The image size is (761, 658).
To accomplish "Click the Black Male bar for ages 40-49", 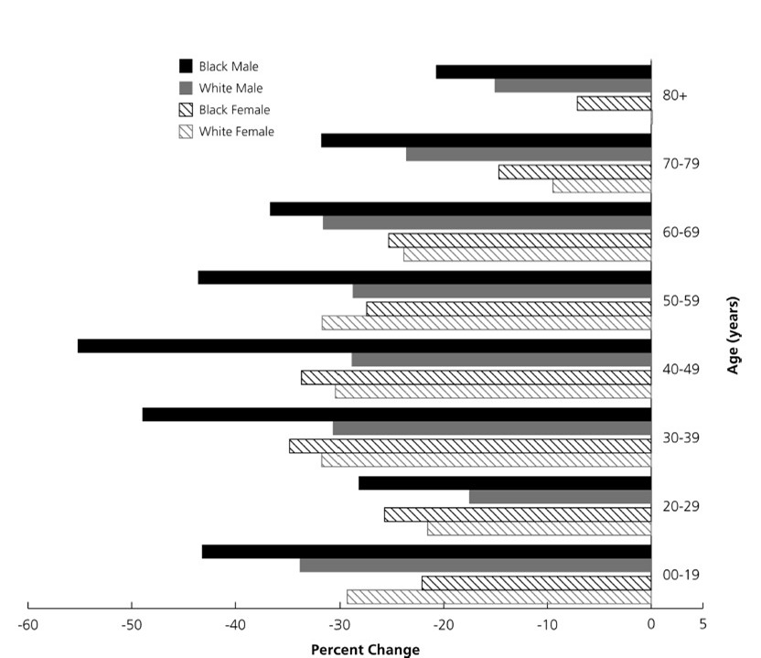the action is (x=364, y=346).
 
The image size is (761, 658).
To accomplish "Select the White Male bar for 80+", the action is (x=573, y=85).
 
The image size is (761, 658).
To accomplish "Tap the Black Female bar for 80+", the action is (x=614, y=102).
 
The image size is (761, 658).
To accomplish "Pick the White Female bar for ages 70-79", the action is (x=602, y=186).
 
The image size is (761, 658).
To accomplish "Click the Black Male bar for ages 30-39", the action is (x=397, y=415).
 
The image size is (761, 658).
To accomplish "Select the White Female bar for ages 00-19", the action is (x=498, y=597).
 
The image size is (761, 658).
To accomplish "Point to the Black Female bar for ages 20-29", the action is (x=518, y=514).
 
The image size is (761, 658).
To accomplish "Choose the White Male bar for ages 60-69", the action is (x=488, y=222).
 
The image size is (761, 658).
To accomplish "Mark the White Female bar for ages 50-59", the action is (x=487, y=323).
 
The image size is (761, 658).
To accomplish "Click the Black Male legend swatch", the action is (x=186, y=66).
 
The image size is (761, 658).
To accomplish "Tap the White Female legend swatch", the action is (x=186, y=132).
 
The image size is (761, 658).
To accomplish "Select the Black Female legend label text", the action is (x=234, y=110).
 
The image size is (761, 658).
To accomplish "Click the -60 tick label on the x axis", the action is (x=27, y=624).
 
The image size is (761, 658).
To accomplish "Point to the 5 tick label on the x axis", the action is (x=702, y=624).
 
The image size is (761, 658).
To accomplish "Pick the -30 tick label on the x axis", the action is (x=339, y=624).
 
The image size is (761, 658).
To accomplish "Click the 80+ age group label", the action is (x=675, y=96).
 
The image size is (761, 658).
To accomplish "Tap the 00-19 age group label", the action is (x=681, y=575).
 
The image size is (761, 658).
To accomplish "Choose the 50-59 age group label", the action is (x=681, y=301).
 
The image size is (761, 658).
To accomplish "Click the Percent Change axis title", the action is (x=366, y=650).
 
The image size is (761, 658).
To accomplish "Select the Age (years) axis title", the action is (x=733, y=335).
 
